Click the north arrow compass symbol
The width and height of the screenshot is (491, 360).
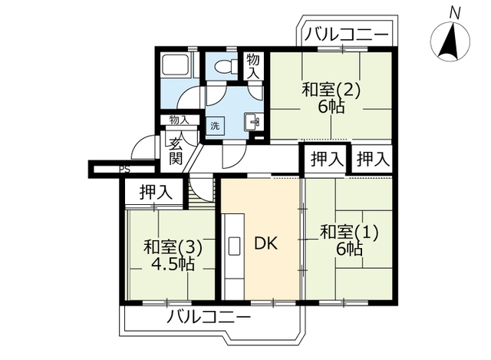click(x=450, y=41)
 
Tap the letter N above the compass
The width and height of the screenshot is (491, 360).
click(x=455, y=13)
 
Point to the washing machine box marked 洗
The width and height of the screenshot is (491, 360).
click(x=215, y=126)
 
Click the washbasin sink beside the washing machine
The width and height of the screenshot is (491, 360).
click(x=253, y=121)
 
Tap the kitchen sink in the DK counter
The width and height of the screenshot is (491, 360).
click(x=234, y=246)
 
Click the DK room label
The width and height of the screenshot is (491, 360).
click(x=266, y=243)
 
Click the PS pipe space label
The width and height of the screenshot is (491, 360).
click(x=124, y=170)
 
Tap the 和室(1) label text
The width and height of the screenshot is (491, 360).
click(x=349, y=233)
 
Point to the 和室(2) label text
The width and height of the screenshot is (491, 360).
click(x=331, y=90)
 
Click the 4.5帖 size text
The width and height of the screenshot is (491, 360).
click(x=173, y=265)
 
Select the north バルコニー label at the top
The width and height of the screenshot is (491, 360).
click(x=347, y=34)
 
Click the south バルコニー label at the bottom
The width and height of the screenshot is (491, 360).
click(x=209, y=318)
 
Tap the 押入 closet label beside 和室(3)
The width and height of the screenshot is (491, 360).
click(x=156, y=192)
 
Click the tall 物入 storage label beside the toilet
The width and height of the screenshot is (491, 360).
click(x=253, y=66)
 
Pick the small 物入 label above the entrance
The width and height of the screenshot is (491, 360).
click(x=179, y=120)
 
